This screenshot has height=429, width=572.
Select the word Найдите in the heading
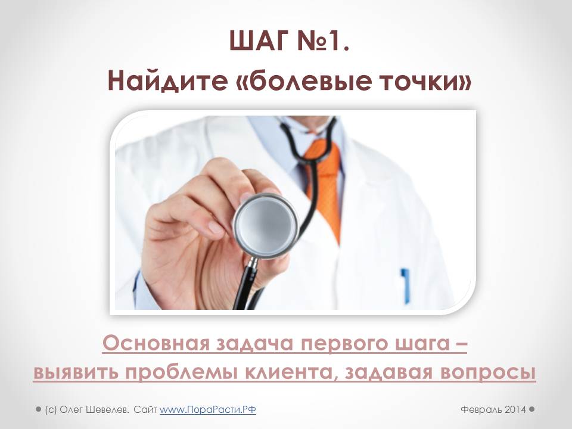[167, 81]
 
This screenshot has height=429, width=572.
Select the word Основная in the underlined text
[156, 343]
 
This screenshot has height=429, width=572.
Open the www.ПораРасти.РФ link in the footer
[207, 410]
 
